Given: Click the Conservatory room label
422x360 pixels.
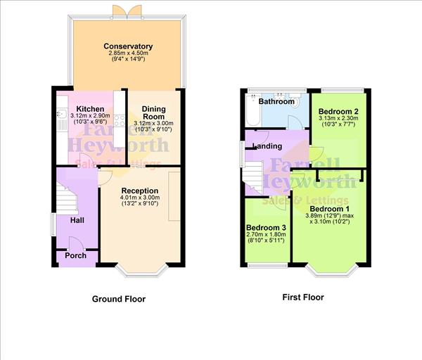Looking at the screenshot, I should (128, 46).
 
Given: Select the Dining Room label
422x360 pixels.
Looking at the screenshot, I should (153, 112).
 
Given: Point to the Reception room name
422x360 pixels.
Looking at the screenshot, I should (139, 191).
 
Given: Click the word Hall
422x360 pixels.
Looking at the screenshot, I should (77, 220).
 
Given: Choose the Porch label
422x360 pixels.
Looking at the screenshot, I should (75, 255).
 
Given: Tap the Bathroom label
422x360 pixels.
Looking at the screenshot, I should (276, 101).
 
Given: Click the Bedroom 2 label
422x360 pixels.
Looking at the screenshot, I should (338, 112).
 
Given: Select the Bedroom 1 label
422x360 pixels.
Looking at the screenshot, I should (329, 209).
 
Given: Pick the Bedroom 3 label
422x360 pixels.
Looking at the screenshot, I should (266, 229).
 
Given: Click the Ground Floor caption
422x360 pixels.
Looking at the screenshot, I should (119, 299).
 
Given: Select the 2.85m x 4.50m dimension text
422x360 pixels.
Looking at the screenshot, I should (128, 54).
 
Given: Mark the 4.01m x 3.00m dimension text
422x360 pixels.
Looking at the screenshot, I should (139, 198).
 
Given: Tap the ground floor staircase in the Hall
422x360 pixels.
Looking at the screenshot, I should (67, 198).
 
